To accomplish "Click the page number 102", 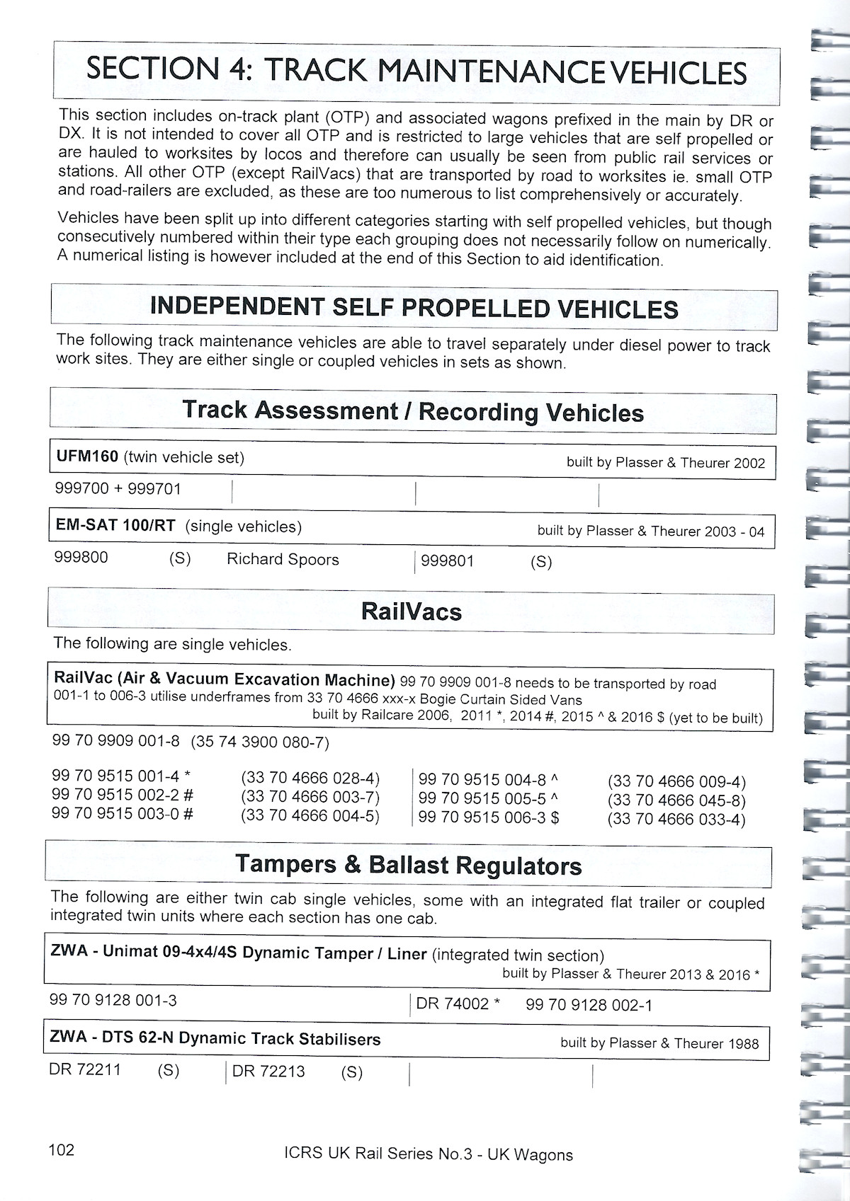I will (x=61, y=1149).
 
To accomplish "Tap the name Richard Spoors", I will (x=283, y=559).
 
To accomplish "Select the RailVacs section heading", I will (x=411, y=611).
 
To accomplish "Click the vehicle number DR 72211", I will (x=85, y=1069).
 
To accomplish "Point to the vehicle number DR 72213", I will (x=268, y=1071).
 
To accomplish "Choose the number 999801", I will (x=448, y=561).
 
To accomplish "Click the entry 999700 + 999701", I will (x=118, y=488).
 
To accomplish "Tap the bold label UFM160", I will (x=87, y=457).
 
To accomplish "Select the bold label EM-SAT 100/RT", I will (x=115, y=526).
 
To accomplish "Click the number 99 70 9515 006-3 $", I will (x=489, y=817).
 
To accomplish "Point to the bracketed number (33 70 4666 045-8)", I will (x=676, y=801).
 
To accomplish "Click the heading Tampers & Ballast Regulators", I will (x=408, y=865).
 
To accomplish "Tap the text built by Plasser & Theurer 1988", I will (x=659, y=1043).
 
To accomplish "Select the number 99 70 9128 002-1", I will (x=589, y=1005).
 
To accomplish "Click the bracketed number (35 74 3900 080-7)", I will (x=260, y=742).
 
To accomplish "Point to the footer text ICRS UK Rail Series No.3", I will (x=375, y=1154).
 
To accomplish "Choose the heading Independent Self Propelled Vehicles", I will (x=414, y=308).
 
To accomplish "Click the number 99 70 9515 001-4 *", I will (x=121, y=776).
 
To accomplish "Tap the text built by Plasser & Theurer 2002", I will (x=665, y=463).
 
